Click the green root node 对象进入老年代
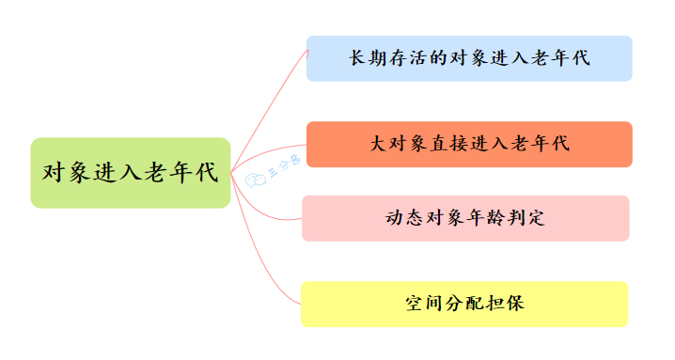point(130,173)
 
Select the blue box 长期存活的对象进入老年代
point(469,58)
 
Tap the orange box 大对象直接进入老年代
point(469,144)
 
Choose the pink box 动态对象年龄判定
point(465,218)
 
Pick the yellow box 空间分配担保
point(464,304)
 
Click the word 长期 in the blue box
point(368,58)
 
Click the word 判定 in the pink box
point(526,218)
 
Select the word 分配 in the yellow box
point(464,304)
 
